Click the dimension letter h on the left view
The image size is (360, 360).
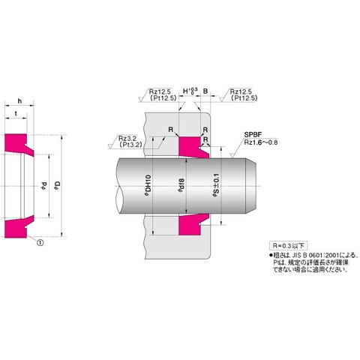pyautogui.click(x=17, y=103)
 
